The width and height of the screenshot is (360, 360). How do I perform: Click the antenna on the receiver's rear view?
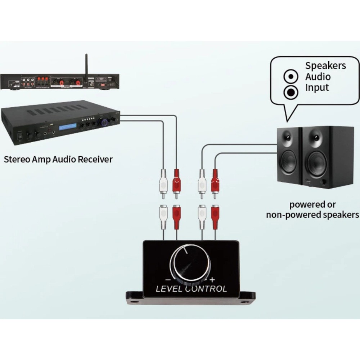click(86, 65)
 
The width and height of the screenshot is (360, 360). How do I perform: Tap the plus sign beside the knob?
click(212, 279)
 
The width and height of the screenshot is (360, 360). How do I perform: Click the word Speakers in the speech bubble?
click(325, 66)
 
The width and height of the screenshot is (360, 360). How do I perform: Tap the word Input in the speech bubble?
click(317, 87)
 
